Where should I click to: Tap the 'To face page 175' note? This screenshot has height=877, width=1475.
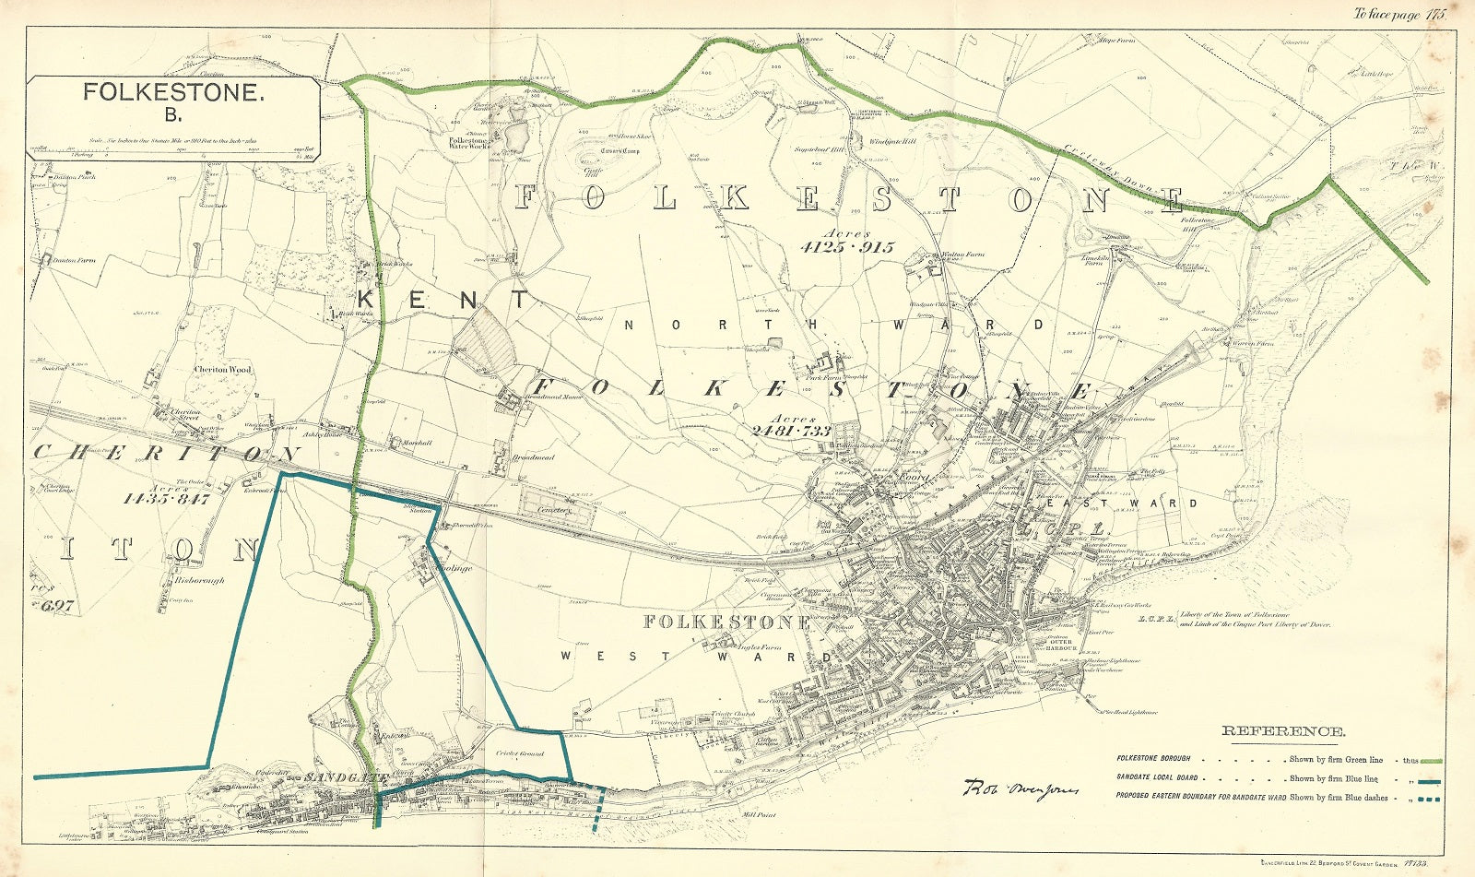(1398, 14)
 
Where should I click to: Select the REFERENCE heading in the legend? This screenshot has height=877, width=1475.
(1282, 732)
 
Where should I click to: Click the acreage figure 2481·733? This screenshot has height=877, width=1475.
(790, 431)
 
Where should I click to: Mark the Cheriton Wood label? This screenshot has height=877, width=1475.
(221, 369)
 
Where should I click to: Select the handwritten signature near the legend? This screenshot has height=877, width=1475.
(1008, 789)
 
